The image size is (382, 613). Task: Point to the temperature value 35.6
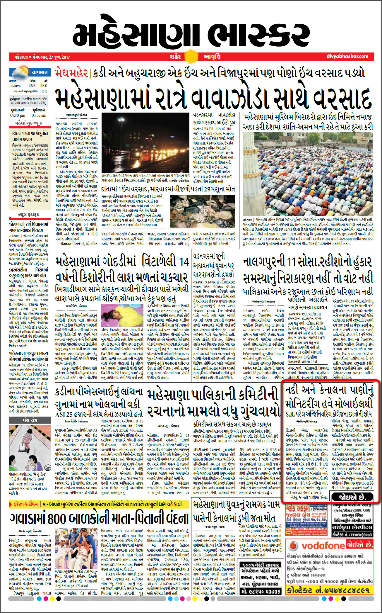[32, 86]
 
